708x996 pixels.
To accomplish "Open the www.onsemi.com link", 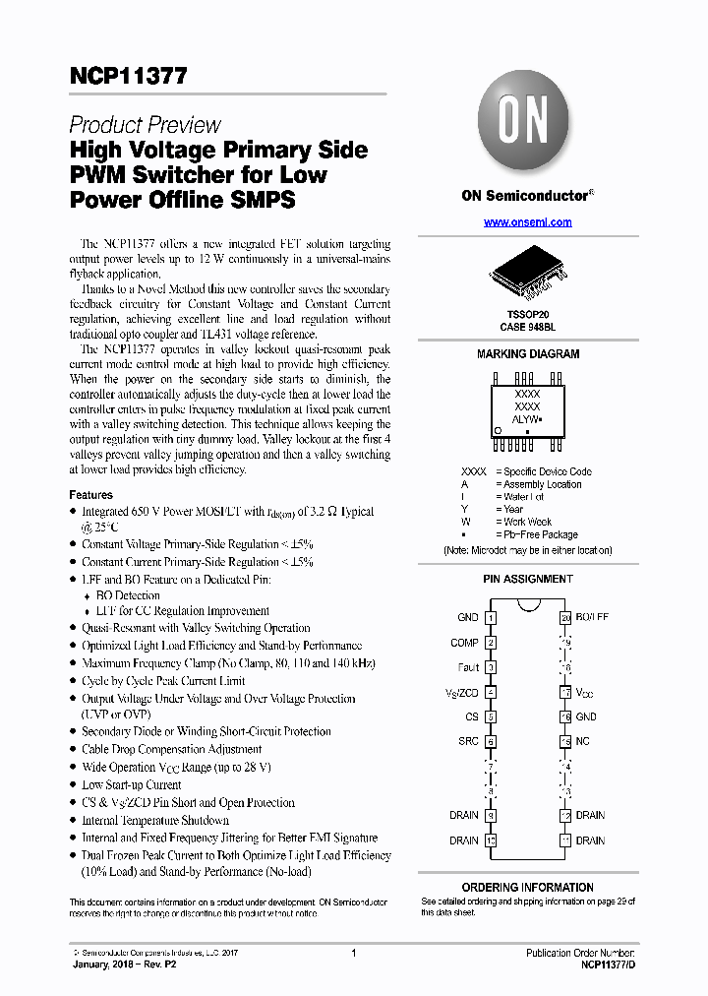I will tap(527, 222).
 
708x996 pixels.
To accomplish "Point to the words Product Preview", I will tap(145, 125).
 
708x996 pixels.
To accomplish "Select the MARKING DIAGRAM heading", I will tap(528, 354).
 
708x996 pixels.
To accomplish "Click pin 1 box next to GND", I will tap(491, 618).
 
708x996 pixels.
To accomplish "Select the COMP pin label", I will tap(465, 643).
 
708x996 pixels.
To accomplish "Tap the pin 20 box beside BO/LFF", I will tap(565, 618).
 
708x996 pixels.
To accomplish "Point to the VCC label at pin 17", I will tap(585, 693).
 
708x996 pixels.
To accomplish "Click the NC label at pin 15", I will tap(583, 742).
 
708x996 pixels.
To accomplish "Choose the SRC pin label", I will tap(468, 742).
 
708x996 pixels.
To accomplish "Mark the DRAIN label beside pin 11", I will tap(590, 840).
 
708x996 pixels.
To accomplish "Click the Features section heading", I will tap(90, 495).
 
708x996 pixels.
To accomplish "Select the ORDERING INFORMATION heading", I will tap(527, 887).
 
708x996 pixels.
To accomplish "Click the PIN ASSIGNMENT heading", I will tap(528, 580).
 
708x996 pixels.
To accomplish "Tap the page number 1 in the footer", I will tap(353, 953).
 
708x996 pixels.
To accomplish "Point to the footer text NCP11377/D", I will tap(605, 965).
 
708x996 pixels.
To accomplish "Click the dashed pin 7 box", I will tap(491, 767).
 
